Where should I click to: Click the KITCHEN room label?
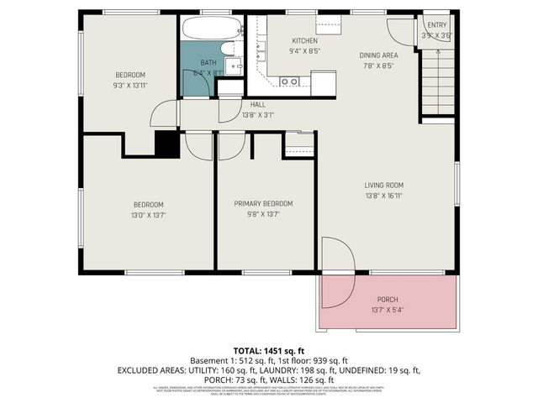click(304, 41)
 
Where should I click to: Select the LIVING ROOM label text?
click(384, 186)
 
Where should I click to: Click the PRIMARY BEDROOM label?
click(263, 204)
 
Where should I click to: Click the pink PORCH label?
click(388, 300)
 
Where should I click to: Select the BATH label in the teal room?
click(208, 63)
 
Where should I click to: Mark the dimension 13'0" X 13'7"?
click(148, 215)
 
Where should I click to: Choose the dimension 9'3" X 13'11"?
click(130, 85)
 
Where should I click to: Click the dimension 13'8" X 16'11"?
click(384, 196)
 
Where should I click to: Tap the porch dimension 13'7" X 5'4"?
click(388, 310)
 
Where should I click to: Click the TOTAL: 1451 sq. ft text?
click(269, 349)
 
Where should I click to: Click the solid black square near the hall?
click(166, 144)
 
